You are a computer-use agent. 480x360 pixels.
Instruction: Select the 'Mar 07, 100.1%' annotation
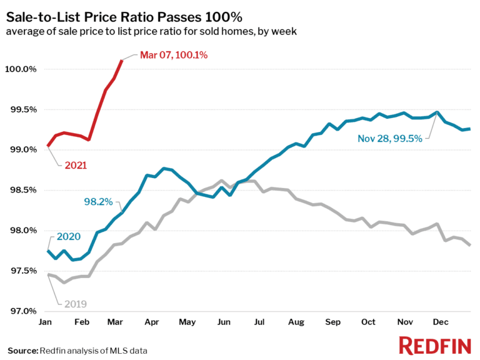click(x=173, y=55)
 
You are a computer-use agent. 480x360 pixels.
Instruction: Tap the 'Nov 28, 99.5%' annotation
click(x=389, y=139)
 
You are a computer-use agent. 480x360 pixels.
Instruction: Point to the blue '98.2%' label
click(x=98, y=201)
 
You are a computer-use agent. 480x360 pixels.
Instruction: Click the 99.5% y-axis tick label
click(x=22, y=109)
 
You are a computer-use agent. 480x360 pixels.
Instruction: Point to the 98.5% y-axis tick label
click(x=22, y=190)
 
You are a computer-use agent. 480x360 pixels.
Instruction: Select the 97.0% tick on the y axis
click(x=22, y=311)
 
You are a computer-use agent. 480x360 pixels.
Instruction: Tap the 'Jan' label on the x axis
click(x=46, y=322)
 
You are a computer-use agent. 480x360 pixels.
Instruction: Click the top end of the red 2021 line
click(x=122, y=61)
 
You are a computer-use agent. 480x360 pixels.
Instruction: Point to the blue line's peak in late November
click(x=437, y=112)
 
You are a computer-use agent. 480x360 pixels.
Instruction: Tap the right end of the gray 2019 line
click(x=469, y=245)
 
